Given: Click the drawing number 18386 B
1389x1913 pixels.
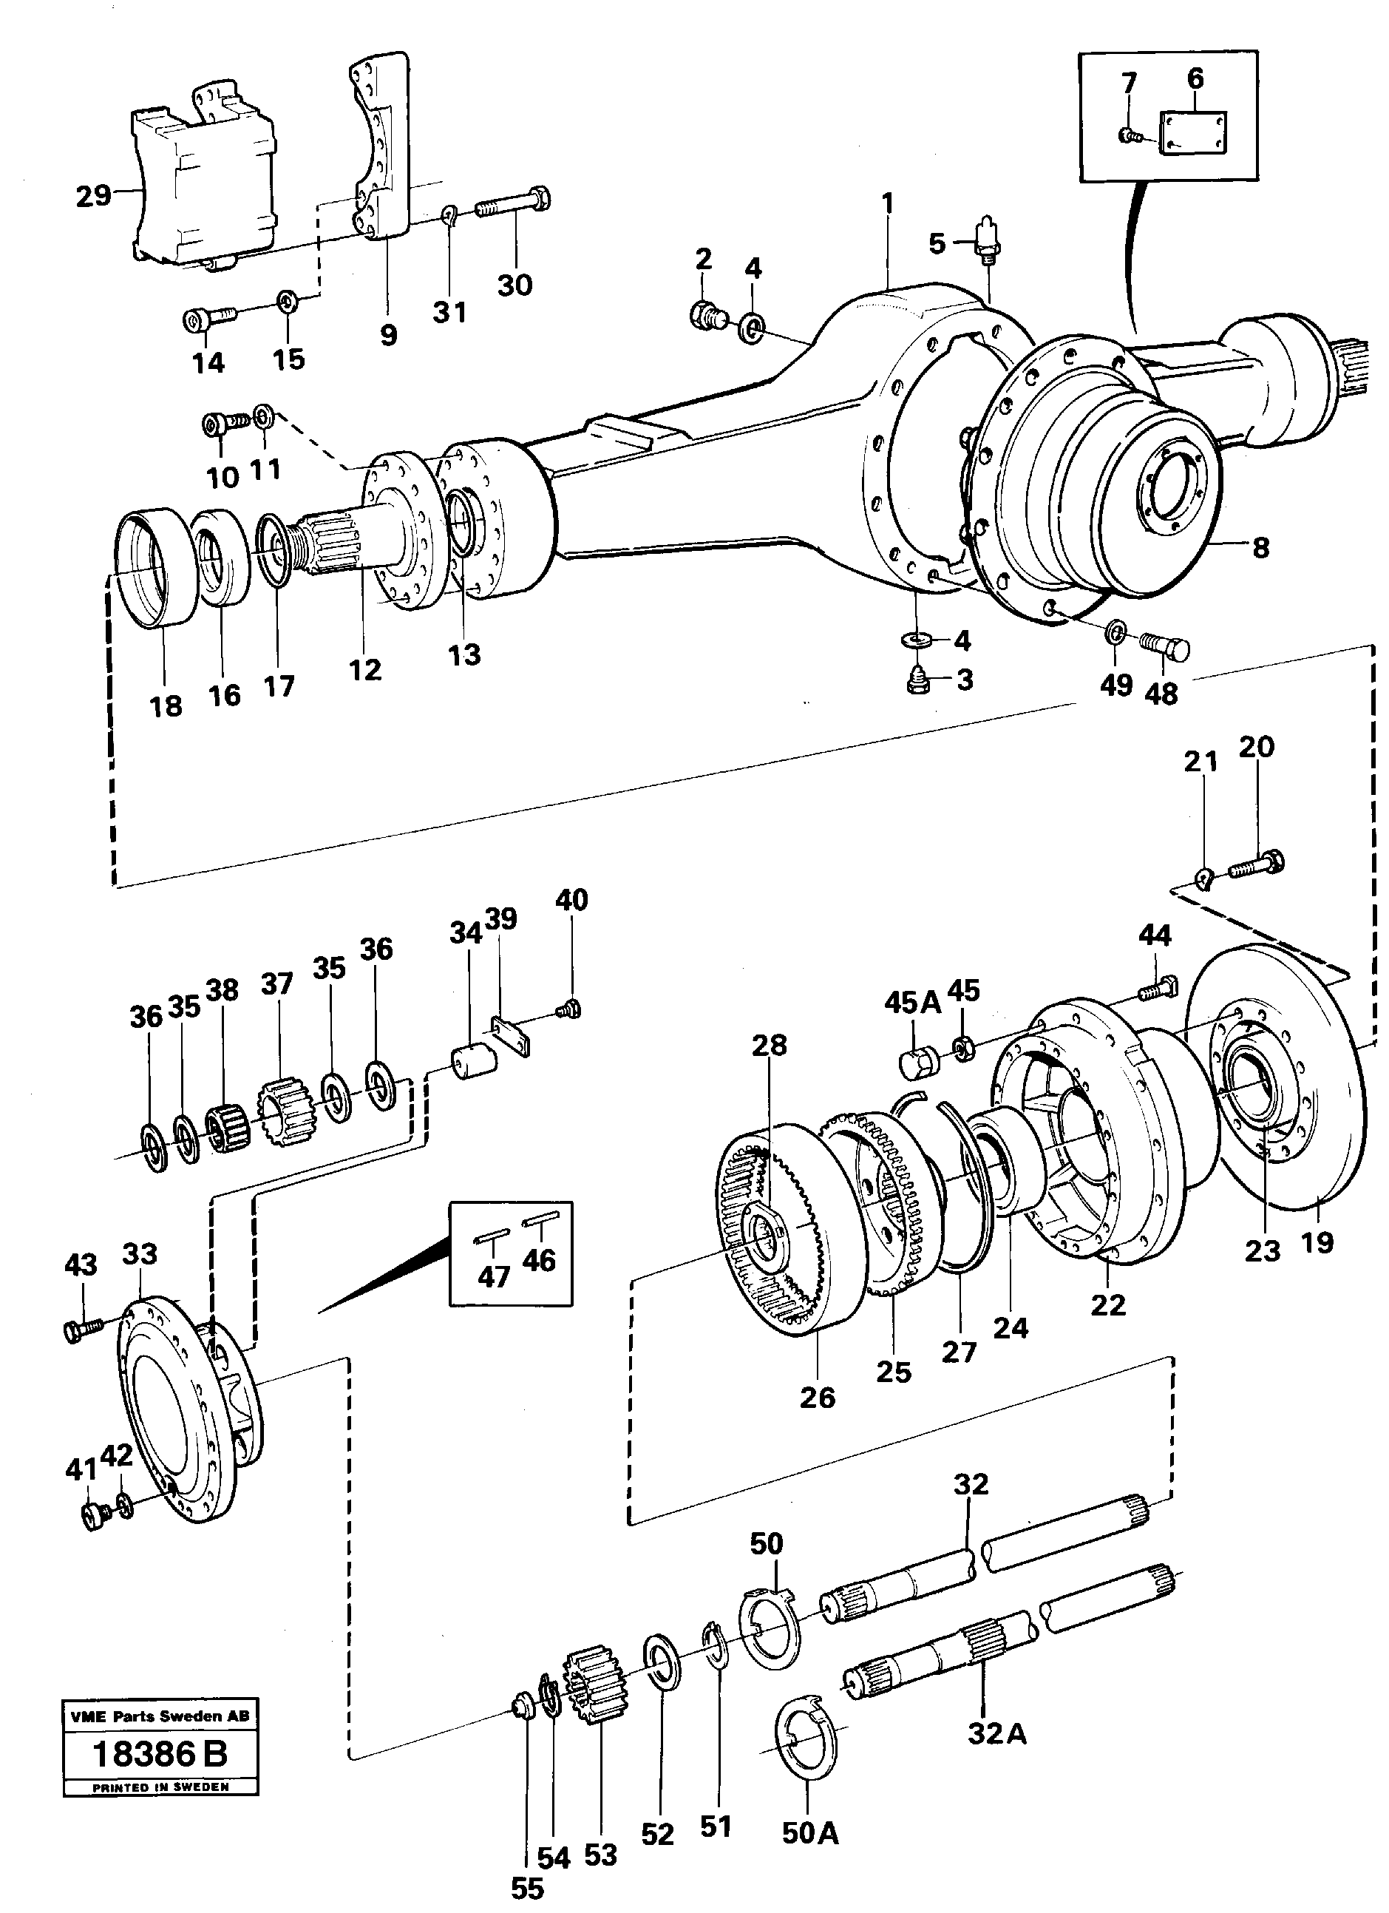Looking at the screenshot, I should pyautogui.click(x=160, y=1755).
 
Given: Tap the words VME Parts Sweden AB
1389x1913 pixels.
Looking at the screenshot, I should pyautogui.click(x=160, y=1716).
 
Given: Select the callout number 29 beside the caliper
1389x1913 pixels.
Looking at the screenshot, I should pyautogui.click(x=92, y=196).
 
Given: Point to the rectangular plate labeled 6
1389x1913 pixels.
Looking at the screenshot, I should pyautogui.click(x=1195, y=133).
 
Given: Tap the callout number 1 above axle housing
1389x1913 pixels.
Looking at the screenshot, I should pyautogui.click(x=887, y=204).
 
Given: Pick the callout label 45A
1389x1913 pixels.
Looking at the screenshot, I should pyautogui.click(x=912, y=1003).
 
